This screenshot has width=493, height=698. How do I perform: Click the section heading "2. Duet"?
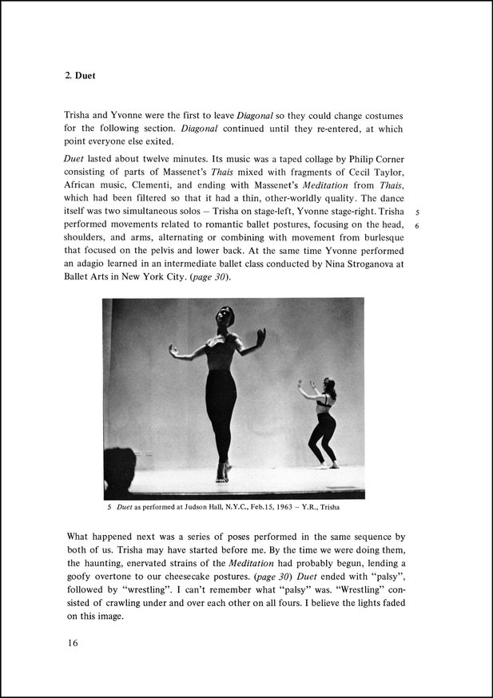pos(81,77)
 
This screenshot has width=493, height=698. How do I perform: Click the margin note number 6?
pos(417,226)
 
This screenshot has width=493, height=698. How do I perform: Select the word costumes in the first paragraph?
pos(382,115)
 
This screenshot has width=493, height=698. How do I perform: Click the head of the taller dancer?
pos(225,316)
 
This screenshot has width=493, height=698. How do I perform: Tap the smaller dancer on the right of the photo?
pos(323,423)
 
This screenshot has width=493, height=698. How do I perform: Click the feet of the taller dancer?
pos(221,474)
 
